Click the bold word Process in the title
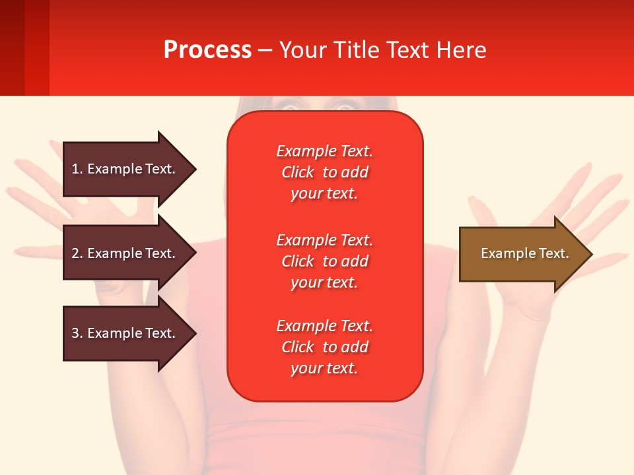pos(207,50)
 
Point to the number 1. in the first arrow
pos(77,169)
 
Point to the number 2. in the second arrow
pos(77,253)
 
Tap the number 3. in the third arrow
pos(77,333)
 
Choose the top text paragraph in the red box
pos(324,172)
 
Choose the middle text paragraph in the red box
pos(324,261)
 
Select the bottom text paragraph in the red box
pos(324,347)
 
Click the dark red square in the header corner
pos(13,47)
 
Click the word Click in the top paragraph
pos(297,172)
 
